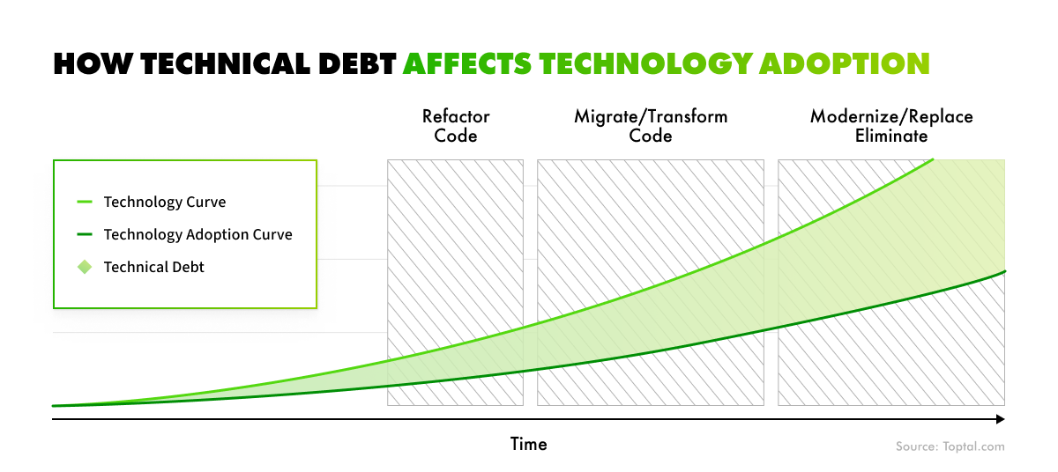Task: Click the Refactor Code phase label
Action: coord(456,126)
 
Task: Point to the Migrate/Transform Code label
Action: coord(651,126)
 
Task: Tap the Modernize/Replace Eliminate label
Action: coord(891,126)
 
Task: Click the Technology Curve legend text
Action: coord(165,203)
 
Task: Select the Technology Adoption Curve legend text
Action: coord(197,234)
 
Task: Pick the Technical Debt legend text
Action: coord(153,267)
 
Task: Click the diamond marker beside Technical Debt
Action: coord(85,267)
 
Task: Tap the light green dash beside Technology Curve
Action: coord(85,203)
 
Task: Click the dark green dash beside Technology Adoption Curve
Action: coord(85,234)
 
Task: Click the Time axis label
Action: coord(529,445)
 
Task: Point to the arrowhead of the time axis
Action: coord(1000,419)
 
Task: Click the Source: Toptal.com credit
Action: coord(950,447)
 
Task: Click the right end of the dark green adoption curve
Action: coord(1004,271)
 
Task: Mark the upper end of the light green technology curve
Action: coord(933,160)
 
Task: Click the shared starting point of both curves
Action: coord(55,406)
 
